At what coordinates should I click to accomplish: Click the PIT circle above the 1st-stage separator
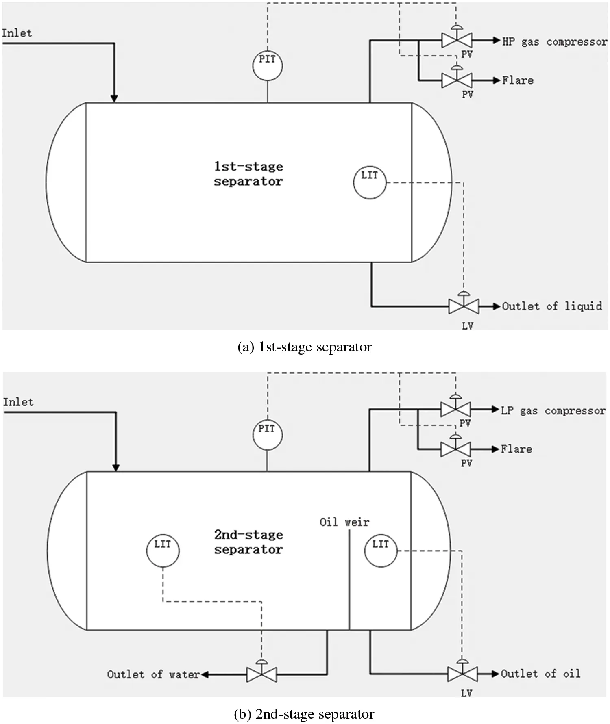coord(267,65)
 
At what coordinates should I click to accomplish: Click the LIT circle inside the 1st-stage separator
coord(369,182)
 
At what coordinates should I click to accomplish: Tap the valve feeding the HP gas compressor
coord(457,40)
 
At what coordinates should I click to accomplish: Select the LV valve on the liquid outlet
coord(464,306)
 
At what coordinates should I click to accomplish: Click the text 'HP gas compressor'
coord(554,42)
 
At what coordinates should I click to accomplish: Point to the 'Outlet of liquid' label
coord(552,306)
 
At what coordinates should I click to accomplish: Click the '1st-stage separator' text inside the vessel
coord(248,174)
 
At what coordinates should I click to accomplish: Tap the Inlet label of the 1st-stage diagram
coord(17,33)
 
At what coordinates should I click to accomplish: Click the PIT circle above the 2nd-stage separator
coord(267,434)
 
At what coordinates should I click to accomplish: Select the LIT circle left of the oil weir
coord(163,551)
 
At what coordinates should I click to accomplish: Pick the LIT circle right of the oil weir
coord(380,551)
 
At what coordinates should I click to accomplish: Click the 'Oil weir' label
coord(344,522)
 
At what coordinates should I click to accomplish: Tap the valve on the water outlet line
coord(261,674)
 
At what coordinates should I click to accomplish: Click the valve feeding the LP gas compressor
coord(455,409)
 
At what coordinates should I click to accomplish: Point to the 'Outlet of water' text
coord(153,674)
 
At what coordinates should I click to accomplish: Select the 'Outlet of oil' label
coord(540,674)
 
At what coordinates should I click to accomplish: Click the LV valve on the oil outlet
coord(462,674)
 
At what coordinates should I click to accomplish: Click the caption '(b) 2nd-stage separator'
coord(304,714)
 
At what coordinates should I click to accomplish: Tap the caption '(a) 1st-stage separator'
coord(305,347)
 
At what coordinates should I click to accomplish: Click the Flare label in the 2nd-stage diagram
coord(516,449)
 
